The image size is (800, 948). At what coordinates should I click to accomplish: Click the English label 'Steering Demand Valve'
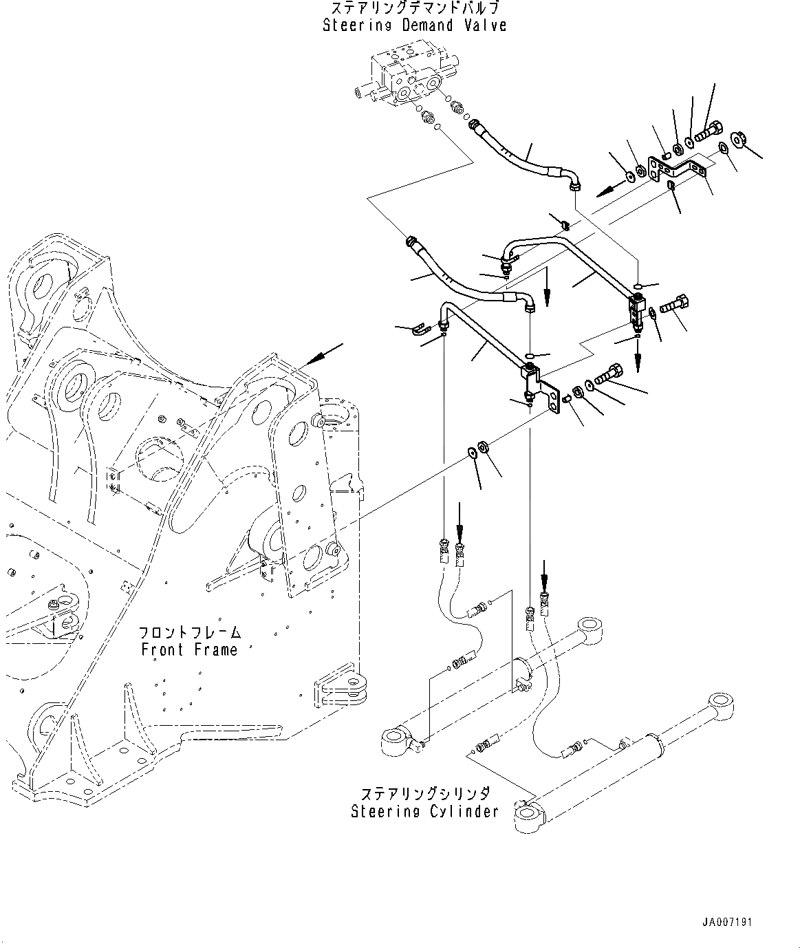[x=415, y=25]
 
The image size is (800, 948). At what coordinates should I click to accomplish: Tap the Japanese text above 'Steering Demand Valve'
[x=415, y=9]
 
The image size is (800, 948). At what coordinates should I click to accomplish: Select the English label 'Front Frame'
[x=189, y=649]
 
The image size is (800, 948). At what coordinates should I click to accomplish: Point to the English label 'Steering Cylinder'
[x=424, y=811]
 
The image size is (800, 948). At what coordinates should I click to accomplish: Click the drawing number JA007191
[x=727, y=922]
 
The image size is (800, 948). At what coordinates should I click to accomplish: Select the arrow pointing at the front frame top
[x=324, y=354]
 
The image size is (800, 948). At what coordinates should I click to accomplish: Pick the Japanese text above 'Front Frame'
[x=189, y=632]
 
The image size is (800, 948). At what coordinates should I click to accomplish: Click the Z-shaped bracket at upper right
[x=681, y=167]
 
